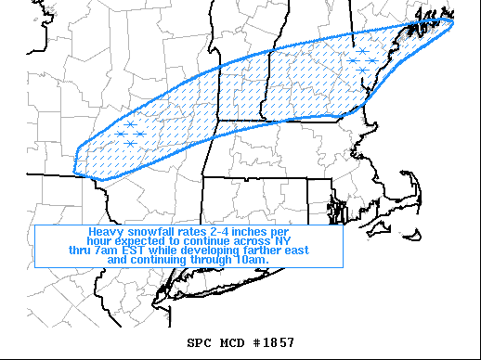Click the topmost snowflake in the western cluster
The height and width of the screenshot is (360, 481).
[131, 124]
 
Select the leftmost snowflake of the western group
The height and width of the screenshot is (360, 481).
[121, 135]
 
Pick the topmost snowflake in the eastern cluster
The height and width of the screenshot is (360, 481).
[362, 51]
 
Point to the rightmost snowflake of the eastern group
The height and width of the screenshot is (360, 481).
[372, 61]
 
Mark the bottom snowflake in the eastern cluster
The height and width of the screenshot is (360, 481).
[362, 71]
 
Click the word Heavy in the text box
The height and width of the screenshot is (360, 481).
[106, 231]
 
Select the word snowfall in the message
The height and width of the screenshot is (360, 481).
[150, 231]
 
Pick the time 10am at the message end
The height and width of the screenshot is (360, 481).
[253, 261]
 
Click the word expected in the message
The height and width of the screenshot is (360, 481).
[148, 241]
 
